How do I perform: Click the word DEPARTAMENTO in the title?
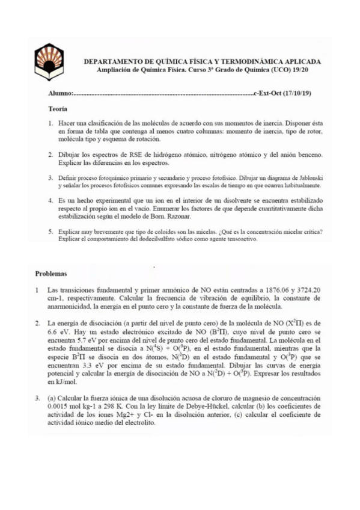pyautogui.click(x=112, y=62)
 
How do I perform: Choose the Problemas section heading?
pyautogui.click(x=52, y=274)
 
